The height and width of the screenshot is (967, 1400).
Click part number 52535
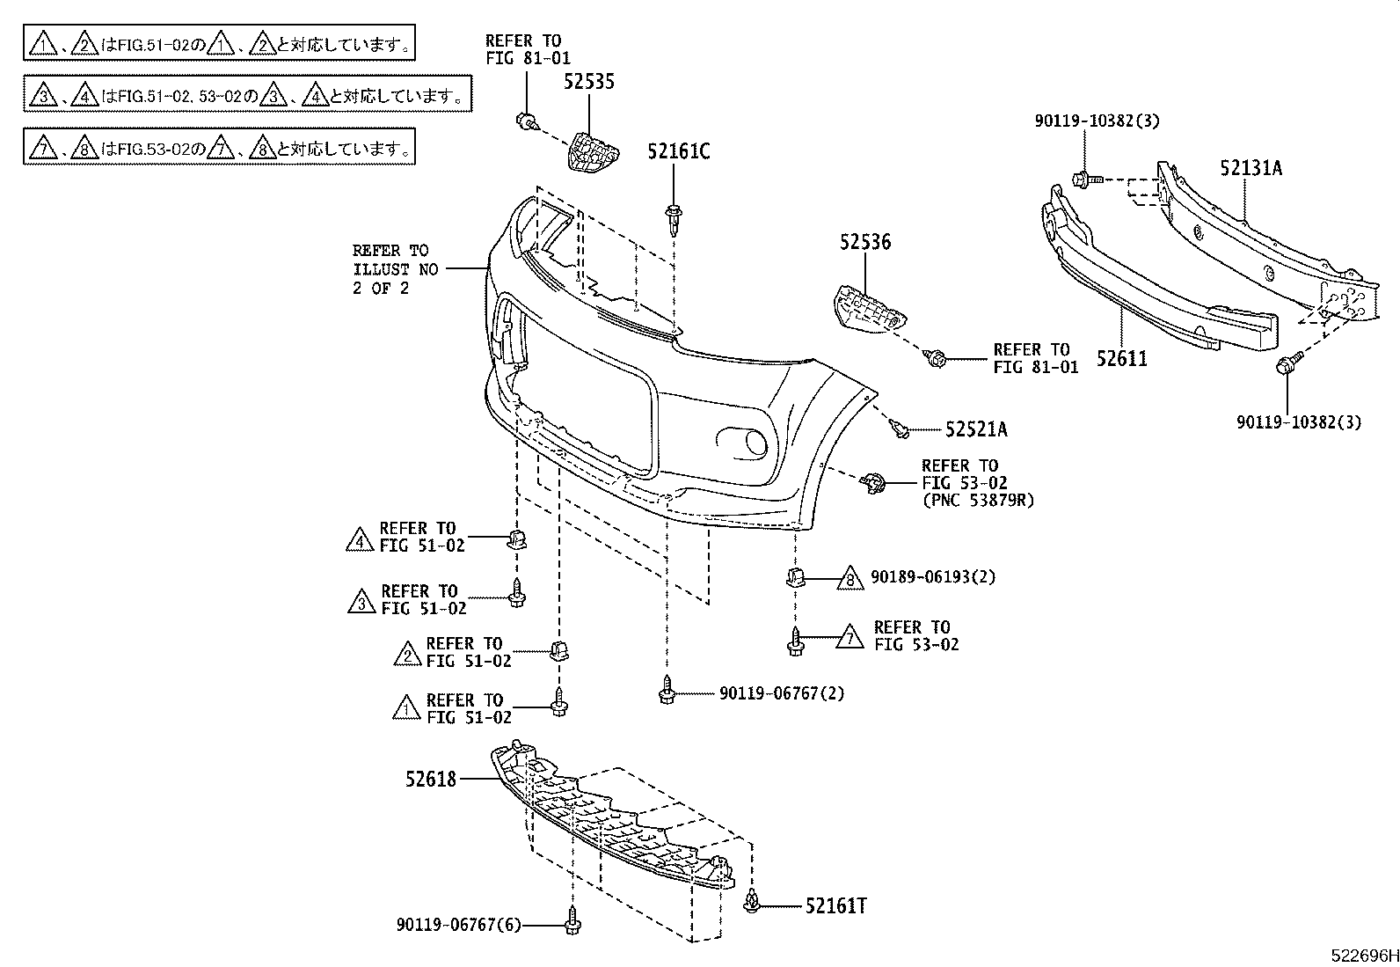click(x=588, y=82)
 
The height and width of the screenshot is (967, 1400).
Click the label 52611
click(x=1121, y=358)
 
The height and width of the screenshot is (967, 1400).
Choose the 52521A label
click(x=976, y=429)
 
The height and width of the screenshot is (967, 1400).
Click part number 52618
click(x=431, y=779)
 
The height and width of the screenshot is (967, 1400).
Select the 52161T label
click(x=835, y=906)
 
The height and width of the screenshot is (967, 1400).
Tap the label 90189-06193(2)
click(x=933, y=577)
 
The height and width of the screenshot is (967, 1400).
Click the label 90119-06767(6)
click(x=458, y=925)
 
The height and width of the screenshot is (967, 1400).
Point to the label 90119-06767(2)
click(x=781, y=693)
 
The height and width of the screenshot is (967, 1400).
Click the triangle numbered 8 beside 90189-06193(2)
click(x=849, y=578)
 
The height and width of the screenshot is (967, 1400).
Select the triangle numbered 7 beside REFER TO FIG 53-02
click(x=849, y=636)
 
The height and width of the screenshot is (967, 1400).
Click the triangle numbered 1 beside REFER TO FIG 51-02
click(x=405, y=707)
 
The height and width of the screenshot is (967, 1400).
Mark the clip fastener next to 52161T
click(x=752, y=901)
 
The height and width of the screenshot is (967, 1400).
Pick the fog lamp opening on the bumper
click(x=743, y=442)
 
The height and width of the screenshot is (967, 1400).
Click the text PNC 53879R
click(x=977, y=501)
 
